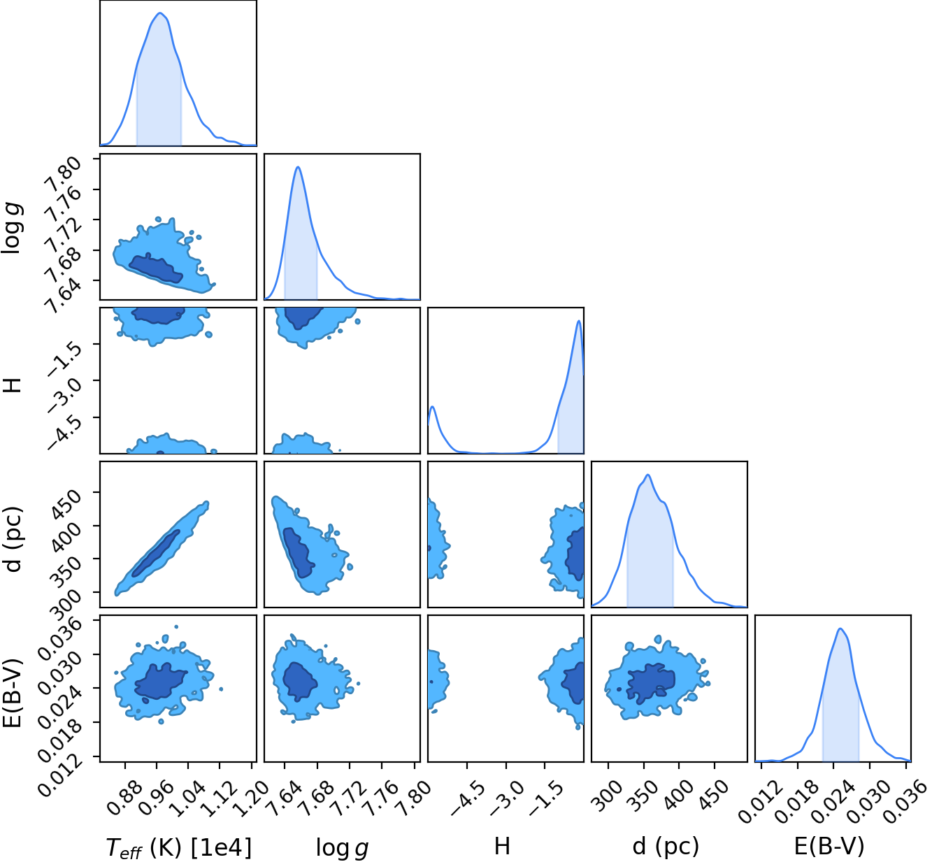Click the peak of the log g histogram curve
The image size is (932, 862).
coord(298,167)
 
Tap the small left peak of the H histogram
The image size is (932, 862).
coord(432,407)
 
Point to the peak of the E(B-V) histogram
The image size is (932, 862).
coord(840,628)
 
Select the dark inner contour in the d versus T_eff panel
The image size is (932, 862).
coord(156,554)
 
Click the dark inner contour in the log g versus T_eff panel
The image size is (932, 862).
coord(156,269)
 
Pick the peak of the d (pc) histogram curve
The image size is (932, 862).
coord(648,475)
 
